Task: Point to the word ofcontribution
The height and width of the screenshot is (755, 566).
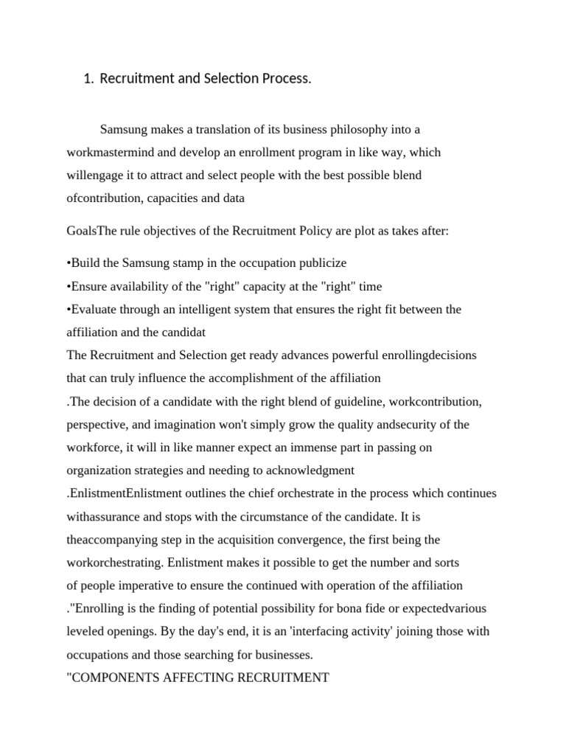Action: point(104,198)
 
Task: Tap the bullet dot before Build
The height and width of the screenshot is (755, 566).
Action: point(69,263)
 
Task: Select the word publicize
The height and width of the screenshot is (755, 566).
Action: point(321,263)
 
